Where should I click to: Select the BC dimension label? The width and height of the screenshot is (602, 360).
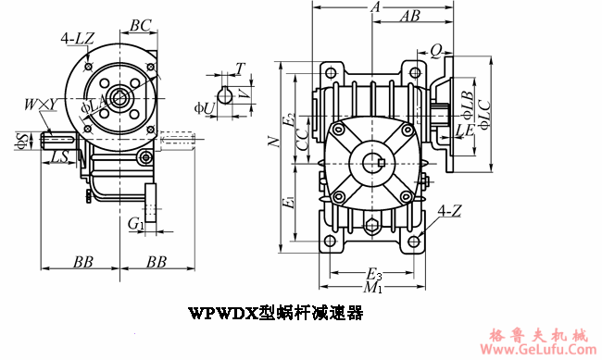click(142, 25)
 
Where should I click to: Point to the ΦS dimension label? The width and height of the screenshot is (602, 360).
click(20, 140)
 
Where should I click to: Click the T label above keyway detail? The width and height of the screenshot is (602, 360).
click(241, 68)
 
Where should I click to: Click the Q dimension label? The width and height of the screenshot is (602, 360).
click(434, 52)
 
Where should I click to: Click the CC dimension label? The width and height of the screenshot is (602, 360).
click(302, 139)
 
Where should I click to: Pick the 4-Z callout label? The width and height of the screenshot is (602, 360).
click(450, 211)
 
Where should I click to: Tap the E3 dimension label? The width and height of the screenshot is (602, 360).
click(373, 275)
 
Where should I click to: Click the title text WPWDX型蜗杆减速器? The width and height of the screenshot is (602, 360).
click(275, 312)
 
